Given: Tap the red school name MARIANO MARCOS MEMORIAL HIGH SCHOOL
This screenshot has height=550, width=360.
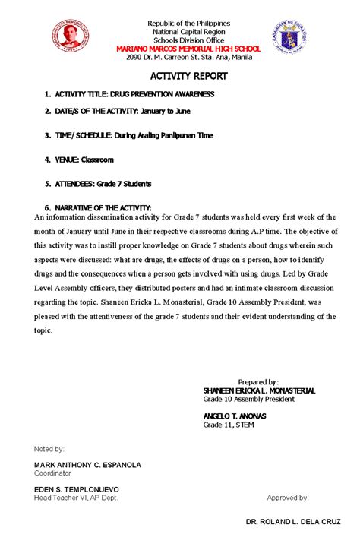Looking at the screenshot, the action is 188,49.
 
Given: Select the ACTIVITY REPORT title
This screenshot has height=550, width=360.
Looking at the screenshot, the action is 188,77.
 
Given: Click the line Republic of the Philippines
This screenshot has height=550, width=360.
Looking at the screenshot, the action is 188,24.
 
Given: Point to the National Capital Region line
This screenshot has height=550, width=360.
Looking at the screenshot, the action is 188,32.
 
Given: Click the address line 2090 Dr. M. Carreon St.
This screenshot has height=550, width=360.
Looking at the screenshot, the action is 188,57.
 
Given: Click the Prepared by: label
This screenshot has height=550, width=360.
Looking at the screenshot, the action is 258,381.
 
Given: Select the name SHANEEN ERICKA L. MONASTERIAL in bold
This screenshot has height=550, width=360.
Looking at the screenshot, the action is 258,390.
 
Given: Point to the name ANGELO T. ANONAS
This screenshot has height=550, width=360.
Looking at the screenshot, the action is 234,416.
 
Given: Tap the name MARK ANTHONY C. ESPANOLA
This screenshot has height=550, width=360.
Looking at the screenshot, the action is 87,464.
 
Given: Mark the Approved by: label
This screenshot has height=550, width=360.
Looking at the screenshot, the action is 287,498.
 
